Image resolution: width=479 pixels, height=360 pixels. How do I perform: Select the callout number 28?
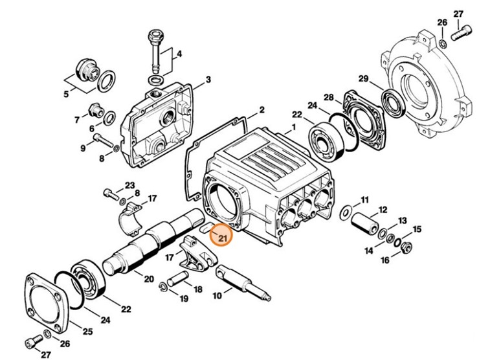click(x=329, y=98)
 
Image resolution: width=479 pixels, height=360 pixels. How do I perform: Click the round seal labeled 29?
click(x=392, y=101)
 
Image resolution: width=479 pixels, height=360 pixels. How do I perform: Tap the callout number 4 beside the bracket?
click(x=179, y=54)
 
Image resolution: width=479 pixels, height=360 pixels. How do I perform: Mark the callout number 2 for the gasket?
click(x=262, y=110)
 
